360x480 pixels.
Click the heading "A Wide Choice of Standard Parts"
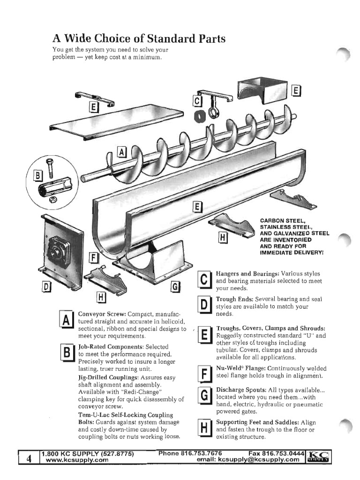[139, 38]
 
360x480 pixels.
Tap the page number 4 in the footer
[29, 458]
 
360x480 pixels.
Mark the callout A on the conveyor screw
[122, 152]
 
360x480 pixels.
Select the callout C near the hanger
[197, 101]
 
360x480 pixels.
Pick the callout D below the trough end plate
[48, 285]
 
